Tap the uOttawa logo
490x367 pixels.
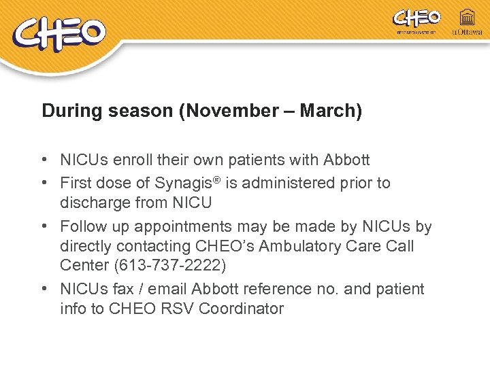point(467,22)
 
